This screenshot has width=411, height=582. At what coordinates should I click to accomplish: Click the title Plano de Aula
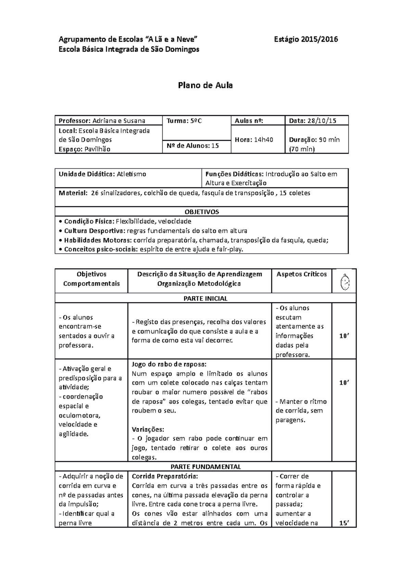tap(205, 85)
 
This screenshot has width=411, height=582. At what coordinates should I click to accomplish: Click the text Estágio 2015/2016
tap(306, 39)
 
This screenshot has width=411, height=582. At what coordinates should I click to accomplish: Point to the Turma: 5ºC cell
tap(184, 121)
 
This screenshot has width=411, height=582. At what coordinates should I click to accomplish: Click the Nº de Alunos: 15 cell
tap(192, 146)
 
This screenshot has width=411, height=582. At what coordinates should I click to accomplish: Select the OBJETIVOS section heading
tap(202, 211)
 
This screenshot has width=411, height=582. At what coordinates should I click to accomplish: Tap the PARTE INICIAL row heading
tap(206, 298)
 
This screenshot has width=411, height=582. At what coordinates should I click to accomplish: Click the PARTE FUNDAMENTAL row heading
tap(206, 466)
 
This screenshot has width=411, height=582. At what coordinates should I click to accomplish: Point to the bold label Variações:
tap(148, 429)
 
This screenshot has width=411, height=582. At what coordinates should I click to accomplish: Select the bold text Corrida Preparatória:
tap(165, 476)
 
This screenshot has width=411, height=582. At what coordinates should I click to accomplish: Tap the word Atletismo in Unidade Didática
tap(132, 174)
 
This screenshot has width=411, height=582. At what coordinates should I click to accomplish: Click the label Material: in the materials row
tap(73, 193)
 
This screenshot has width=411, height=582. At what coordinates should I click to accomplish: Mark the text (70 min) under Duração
tap(302, 149)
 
